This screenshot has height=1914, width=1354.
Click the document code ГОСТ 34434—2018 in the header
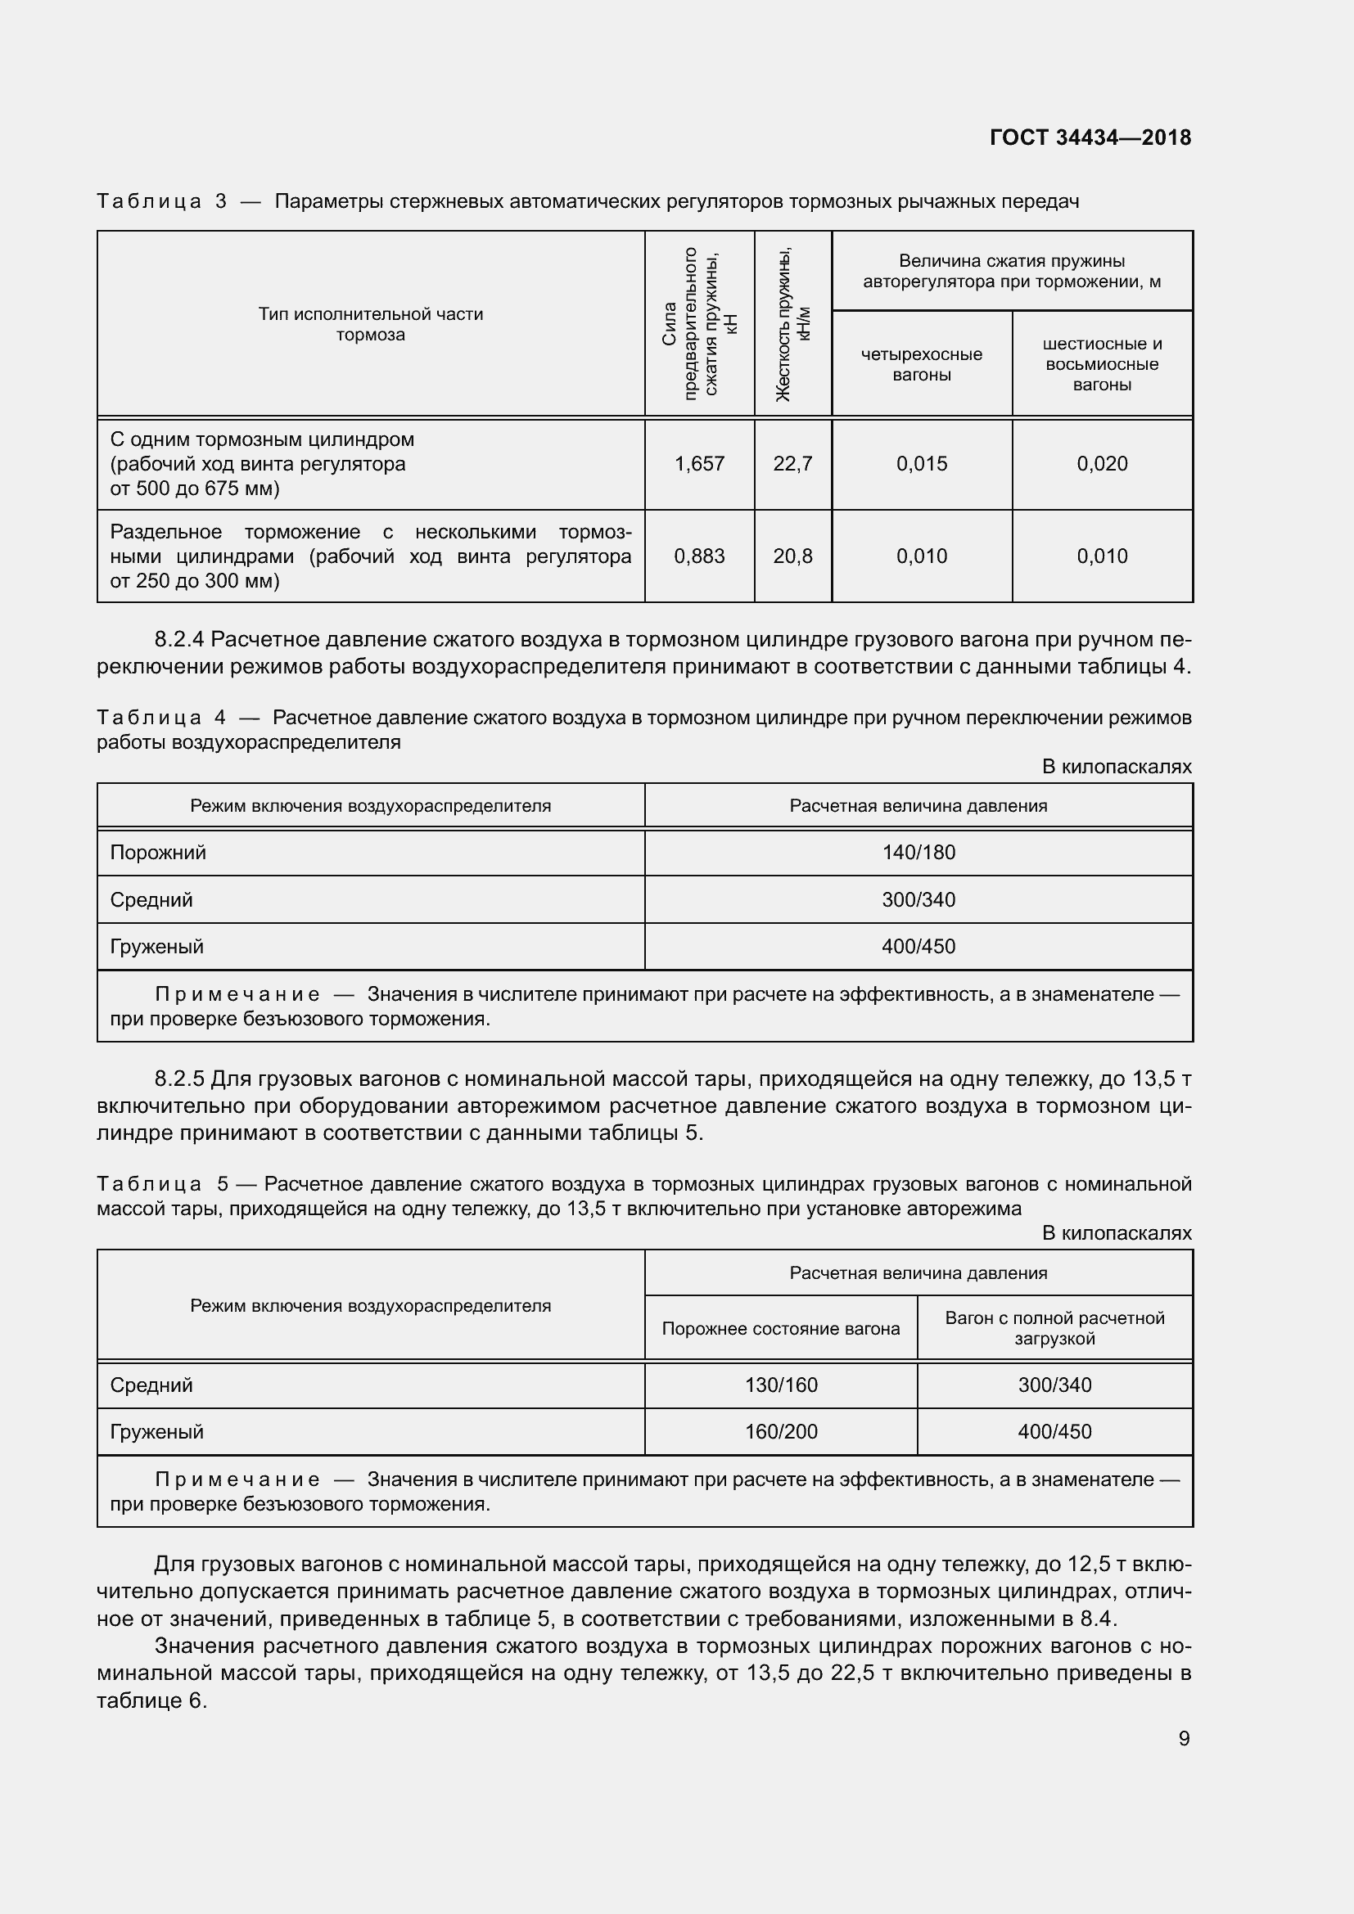coord(1090,137)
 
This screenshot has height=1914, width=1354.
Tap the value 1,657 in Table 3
coord(698,463)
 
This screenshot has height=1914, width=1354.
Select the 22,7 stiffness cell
coord(792,463)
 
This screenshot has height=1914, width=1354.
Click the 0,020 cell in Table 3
coord(1101,463)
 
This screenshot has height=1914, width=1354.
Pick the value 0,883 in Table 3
coord(698,556)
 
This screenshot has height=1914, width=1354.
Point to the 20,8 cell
coord(792,556)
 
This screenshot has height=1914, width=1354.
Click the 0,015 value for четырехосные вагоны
coord(921,463)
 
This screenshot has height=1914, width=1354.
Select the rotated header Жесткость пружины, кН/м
coord(793,324)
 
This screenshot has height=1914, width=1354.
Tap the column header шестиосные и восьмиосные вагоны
coord(1101,364)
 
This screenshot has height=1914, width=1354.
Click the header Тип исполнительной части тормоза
coord(370,324)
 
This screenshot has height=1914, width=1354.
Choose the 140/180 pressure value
coord(918,853)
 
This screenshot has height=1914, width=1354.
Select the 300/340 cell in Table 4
coord(918,900)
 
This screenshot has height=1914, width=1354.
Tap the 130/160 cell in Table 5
coord(780,1385)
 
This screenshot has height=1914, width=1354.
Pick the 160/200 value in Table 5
coord(780,1431)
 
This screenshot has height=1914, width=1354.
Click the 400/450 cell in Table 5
coord(1054,1431)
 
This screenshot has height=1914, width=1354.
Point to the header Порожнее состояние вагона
coord(780,1329)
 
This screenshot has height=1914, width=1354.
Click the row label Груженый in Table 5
coord(156,1431)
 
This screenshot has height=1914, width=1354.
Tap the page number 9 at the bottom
coord(1183,1738)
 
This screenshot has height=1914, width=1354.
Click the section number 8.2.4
coord(179,639)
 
